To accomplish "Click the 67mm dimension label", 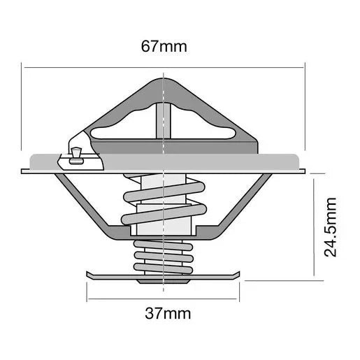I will click(x=163, y=48).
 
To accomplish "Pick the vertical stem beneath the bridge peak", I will click(x=163, y=119).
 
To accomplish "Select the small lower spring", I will click(x=163, y=256).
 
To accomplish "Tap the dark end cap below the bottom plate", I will click(x=163, y=281).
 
